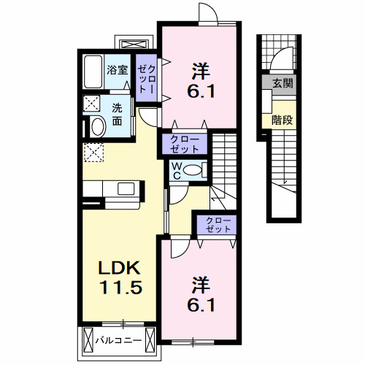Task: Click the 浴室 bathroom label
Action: (118, 71)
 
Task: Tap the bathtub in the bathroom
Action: (93, 71)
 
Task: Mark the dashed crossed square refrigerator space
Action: (93, 152)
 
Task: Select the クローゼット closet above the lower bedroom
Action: (215, 224)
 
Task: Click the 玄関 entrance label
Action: (283, 83)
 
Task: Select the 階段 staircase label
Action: (282, 120)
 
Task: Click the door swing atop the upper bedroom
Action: (210, 14)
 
